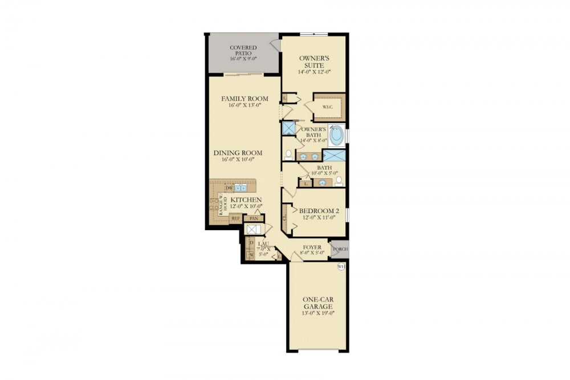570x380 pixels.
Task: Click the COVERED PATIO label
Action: pos(243,50)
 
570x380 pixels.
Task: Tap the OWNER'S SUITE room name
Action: pos(315,61)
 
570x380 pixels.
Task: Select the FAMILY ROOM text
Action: pos(244,99)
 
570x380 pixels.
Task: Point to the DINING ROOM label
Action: pos(238,153)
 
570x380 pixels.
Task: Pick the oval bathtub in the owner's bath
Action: pos(336,136)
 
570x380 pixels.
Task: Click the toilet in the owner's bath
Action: pos(288,154)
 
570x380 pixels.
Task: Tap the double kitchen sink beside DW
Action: pos(241,187)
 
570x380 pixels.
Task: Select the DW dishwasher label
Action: pos(229,187)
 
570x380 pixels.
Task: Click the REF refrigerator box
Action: pos(235,218)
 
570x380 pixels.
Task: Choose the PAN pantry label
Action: pos(254,218)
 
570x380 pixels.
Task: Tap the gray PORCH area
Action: pos(340,248)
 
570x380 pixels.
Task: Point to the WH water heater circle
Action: pos(341,267)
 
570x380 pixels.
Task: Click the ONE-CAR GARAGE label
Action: pos(317,303)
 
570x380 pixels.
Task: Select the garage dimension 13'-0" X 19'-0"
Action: pos(317,312)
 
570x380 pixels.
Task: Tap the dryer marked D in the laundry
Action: pos(250,243)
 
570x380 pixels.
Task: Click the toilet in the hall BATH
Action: pos(339,181)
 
